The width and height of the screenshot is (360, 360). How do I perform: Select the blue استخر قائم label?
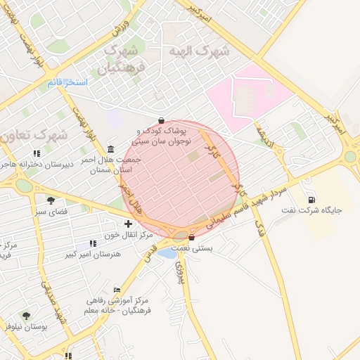(x=67, y=83)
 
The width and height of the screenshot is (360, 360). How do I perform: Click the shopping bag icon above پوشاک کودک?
(x=162, y=120)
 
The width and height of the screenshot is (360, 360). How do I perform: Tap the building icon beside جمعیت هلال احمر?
(x=112, y=150)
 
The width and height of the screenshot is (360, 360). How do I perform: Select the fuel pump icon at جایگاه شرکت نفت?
(x=311, y=199)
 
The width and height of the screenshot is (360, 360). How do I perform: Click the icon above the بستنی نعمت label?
(x=191, y=238)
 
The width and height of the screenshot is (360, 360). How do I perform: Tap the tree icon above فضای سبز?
(x=50, y=200)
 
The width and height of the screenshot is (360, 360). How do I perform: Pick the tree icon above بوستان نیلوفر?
(x=26, y=316)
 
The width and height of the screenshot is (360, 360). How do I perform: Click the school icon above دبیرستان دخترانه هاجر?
(x=37, y=154)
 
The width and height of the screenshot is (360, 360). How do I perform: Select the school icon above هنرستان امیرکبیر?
(x=93, y=243)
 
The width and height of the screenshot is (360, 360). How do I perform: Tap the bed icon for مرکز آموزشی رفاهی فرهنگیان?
(x=117, y=289)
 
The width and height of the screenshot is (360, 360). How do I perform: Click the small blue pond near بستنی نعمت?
(x=167, y=252)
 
